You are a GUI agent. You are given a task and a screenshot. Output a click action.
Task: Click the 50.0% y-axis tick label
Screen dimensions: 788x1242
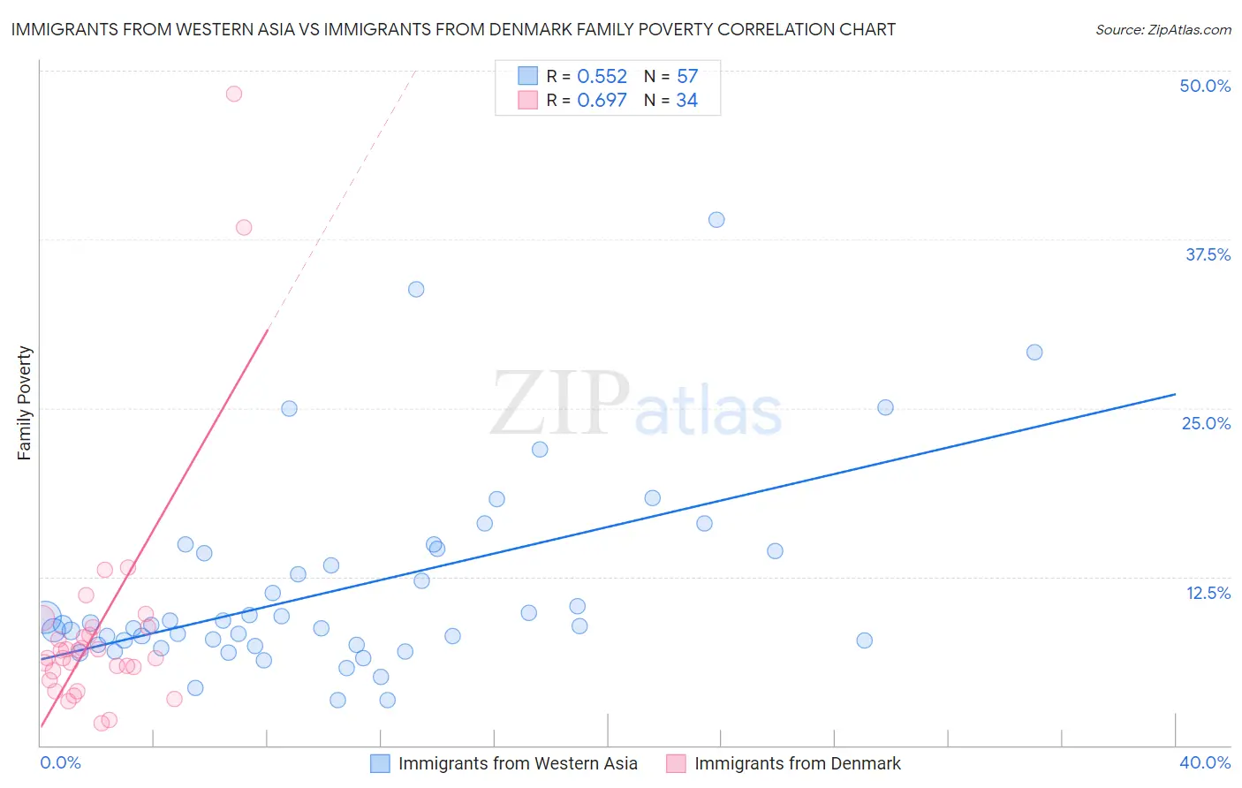coord(1204,86)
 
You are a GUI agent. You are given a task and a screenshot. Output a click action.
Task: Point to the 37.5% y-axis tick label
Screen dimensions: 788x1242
coord(1207,254)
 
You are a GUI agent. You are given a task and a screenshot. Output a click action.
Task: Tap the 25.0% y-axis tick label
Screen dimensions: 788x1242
coord(1206,423)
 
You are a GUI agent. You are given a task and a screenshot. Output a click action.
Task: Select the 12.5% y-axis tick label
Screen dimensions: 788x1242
coord(1208,593)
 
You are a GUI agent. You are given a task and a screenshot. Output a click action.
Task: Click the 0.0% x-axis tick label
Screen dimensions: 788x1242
coord(60,762)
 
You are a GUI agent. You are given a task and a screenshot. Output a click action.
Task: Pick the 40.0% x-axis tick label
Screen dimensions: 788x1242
coord(1204,762)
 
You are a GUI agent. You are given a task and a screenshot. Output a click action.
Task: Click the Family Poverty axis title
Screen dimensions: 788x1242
coord(25,403)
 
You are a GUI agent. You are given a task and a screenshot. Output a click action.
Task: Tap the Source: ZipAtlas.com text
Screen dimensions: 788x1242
coord(1162,30)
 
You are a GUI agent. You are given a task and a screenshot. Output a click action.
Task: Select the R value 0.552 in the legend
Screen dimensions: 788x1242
coord(602,77)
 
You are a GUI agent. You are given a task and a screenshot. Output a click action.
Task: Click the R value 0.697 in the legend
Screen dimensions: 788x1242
coord(602,101)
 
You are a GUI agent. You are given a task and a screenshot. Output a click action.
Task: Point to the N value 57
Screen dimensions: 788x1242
coord(687,77)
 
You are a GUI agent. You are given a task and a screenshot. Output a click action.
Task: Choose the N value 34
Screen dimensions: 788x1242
coord(687,101)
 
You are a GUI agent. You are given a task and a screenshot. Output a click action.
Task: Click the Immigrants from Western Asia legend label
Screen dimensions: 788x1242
coord(517,763)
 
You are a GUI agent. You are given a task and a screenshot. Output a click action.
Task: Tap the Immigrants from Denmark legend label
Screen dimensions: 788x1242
coord(797,763)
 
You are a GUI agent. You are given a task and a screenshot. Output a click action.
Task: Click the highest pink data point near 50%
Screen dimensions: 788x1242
coord(234,94)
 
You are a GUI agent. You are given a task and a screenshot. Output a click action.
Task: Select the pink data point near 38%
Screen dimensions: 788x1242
coord(244,228)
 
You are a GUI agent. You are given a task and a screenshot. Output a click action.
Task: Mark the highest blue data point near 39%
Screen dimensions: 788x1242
coord(716,220)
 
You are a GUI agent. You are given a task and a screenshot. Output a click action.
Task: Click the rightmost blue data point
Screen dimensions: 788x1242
coord(1034,352)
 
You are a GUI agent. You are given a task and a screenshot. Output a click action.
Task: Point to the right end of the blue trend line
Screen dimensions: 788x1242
coord(1175,394)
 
